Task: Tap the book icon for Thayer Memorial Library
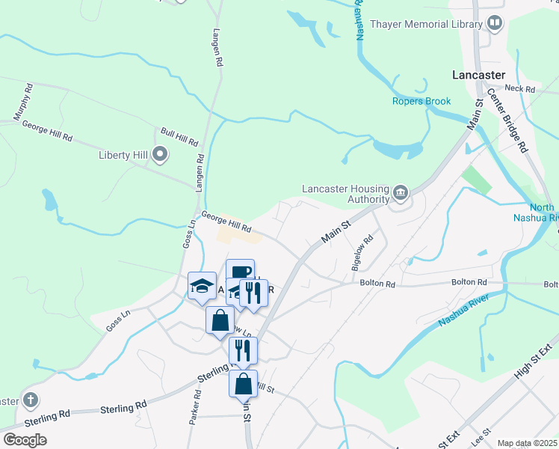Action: coord(494,24)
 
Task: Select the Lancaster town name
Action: coord(479,75)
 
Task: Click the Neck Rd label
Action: coord(521,89)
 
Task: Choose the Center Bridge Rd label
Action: coord(507,120)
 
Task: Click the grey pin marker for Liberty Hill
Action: coord(159,155)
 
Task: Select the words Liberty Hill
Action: coord(123,156)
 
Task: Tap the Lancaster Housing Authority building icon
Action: coord(401,194)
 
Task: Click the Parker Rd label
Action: coord(195,407)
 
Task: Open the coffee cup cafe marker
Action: coord(241,272)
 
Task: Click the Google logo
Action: coord(25,439)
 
